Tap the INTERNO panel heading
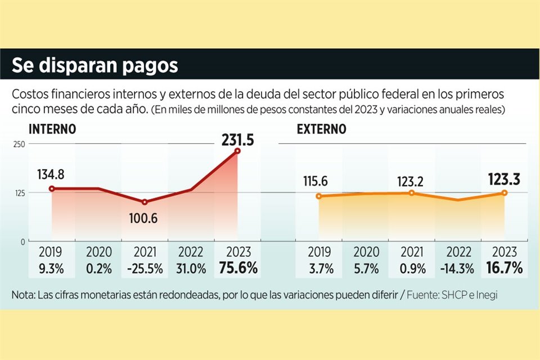pos(52,129)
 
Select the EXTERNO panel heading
pos(322,129)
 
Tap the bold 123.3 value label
pos(505,179)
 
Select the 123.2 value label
pos(411,181)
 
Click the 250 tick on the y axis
pos(19,144)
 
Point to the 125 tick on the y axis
pos(19,193)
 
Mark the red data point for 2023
pos(238,151)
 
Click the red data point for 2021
pos(145,202)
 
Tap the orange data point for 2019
pos(318,196)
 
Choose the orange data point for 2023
pos(504,193)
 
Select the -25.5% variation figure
pos(145,268)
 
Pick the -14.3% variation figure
pos(458,268)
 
